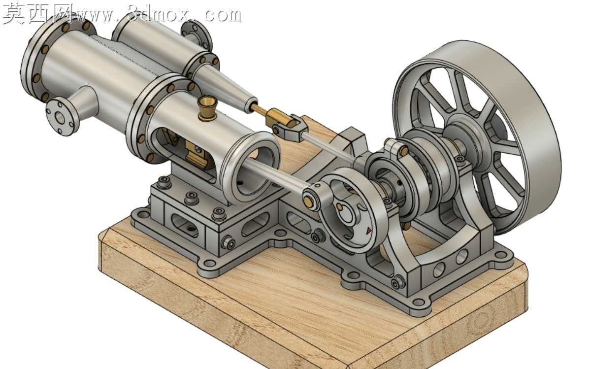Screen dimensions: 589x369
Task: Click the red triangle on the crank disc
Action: point(368,230)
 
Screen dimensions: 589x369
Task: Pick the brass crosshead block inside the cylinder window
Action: point(197,156)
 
